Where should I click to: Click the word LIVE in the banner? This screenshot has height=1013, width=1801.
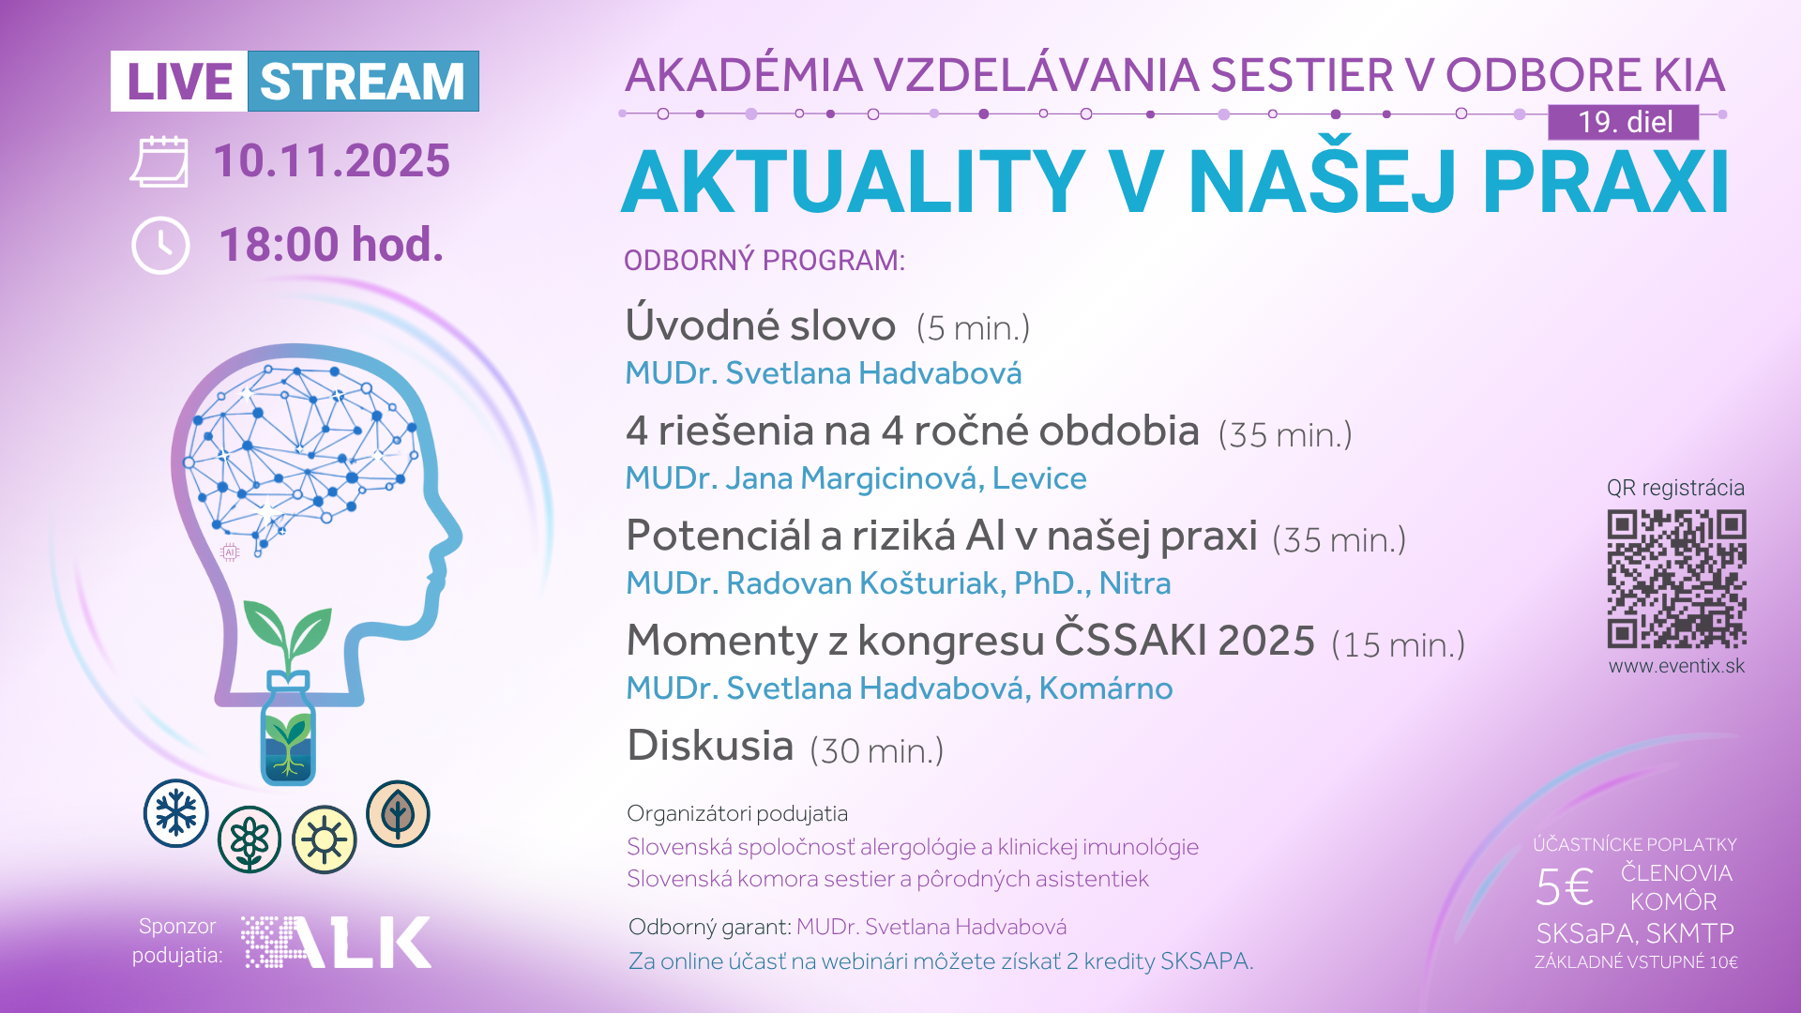179,82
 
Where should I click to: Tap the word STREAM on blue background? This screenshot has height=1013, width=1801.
362,82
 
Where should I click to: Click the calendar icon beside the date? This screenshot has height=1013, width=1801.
159,161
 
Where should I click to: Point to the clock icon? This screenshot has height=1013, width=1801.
160,246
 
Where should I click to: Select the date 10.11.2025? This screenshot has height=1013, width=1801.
331,160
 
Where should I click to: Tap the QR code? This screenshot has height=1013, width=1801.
1676,579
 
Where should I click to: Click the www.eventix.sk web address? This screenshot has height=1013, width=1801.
1676,666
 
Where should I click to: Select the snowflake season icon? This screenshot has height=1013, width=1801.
176,813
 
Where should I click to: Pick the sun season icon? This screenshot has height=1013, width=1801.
325,839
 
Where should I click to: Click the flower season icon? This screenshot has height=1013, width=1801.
250,839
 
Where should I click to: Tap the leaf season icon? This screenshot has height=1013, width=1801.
398,813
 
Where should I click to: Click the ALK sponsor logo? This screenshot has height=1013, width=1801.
337,942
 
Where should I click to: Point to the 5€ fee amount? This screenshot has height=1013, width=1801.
1564,887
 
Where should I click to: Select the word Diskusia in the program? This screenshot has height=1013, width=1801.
710,746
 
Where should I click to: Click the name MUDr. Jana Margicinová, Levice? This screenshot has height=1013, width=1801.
855,478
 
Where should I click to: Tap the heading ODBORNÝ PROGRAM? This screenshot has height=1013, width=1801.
764,260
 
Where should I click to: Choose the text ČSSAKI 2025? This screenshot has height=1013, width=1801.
1185,640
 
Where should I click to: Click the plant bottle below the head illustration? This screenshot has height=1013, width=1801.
288,727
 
